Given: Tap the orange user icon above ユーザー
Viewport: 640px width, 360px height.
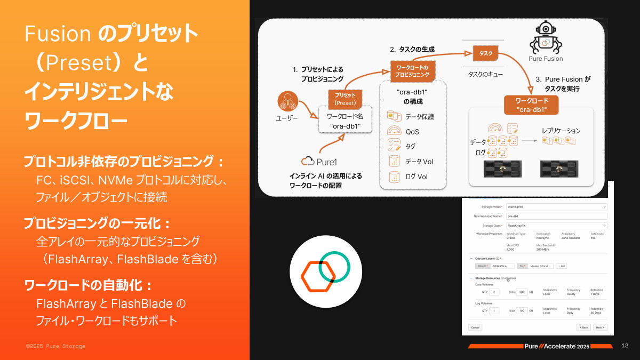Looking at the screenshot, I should [x=286, y=101].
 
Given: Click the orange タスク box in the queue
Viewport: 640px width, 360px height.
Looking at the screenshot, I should [x=485, y=53].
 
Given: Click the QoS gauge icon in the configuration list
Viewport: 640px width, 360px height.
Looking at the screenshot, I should [x=394, y=131].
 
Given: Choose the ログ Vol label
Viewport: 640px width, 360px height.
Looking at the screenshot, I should [x=417, y=177].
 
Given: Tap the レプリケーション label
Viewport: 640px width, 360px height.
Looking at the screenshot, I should [x=561, y=130].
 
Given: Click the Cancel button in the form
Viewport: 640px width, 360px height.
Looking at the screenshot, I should [x=475, y=327].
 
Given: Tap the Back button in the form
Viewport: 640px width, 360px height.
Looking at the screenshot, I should [x=583, y=327].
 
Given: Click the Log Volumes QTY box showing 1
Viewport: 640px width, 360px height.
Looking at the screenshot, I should [x=494, y=310].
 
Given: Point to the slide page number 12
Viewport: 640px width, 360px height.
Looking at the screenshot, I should [x=625, y=346].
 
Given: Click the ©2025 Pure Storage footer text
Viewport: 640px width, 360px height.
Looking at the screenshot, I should [x=55, y=346].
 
